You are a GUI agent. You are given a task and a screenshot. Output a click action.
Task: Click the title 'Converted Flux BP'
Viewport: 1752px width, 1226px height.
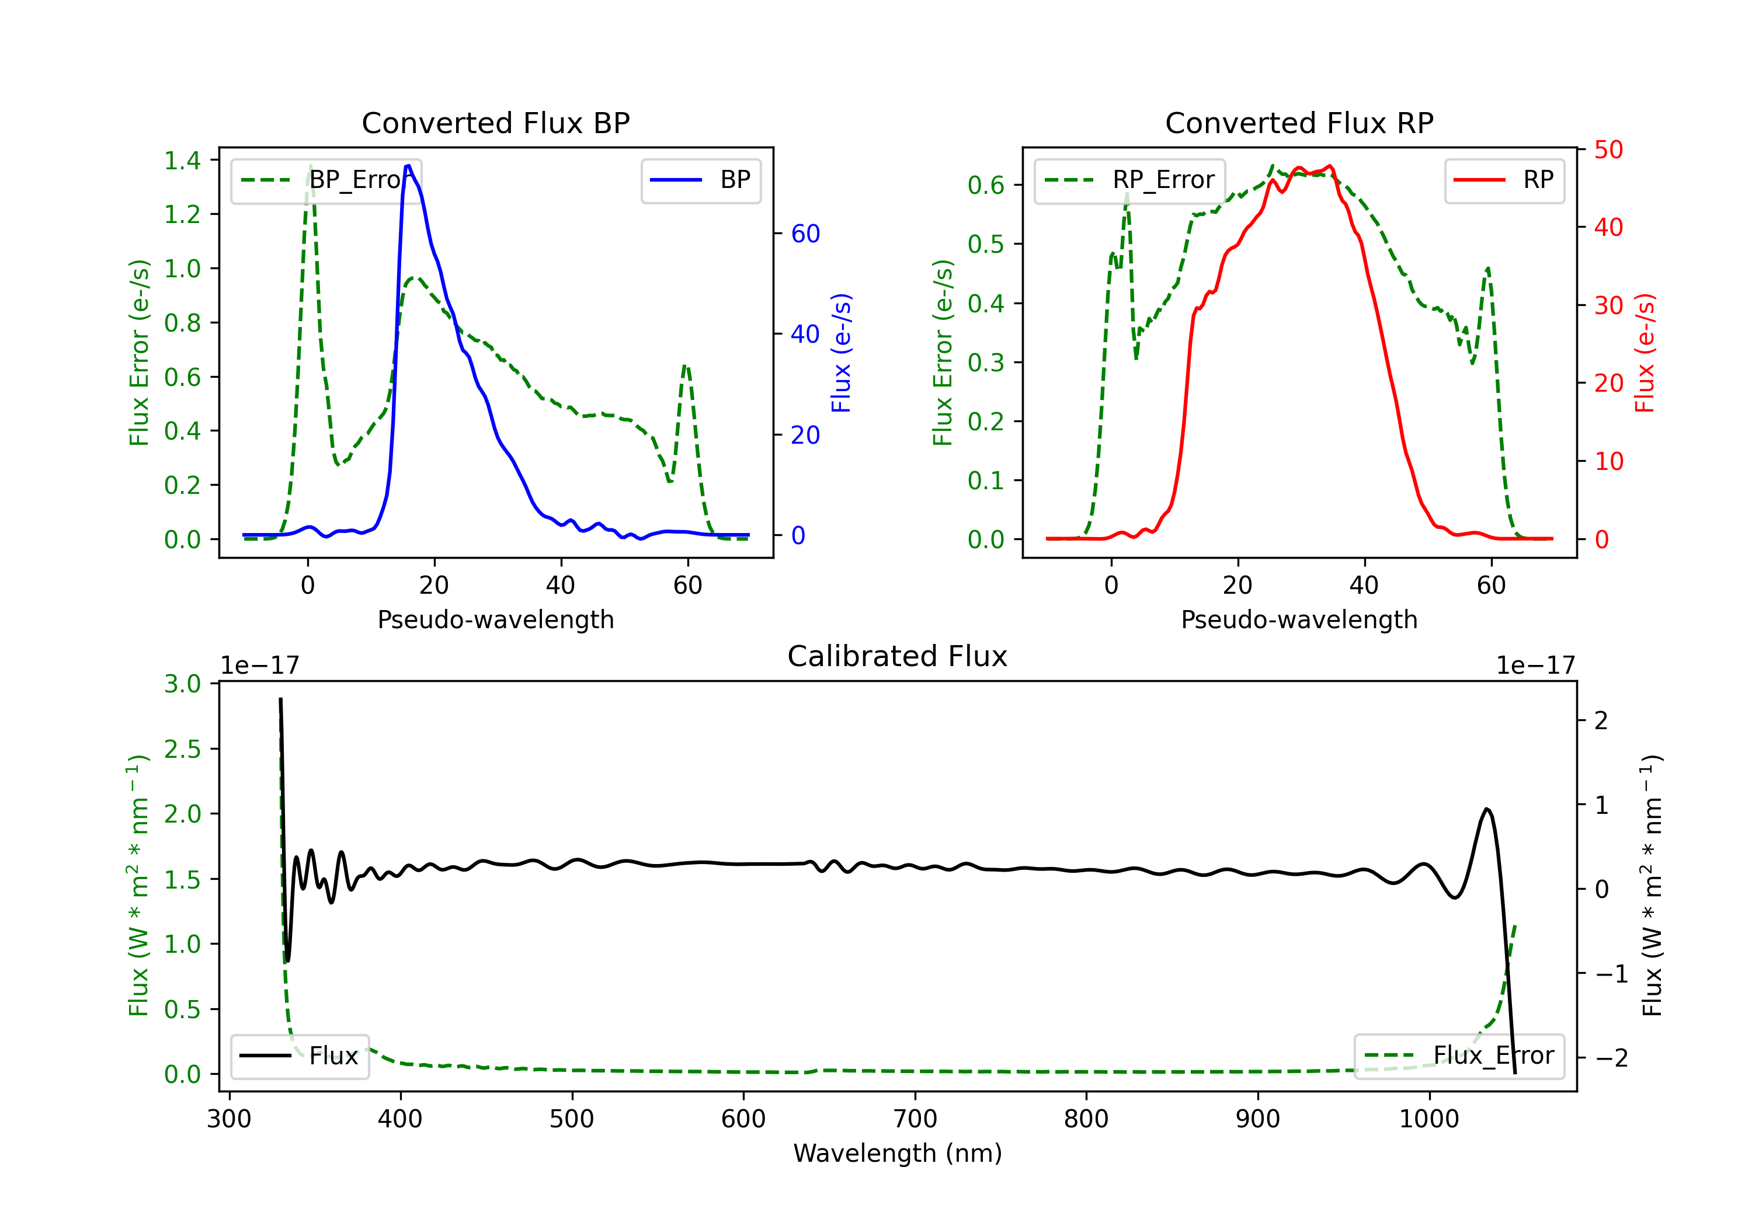click(x=495, y=123)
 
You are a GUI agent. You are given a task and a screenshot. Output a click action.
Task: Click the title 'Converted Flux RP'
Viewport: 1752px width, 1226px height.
click(x=1299, y=123)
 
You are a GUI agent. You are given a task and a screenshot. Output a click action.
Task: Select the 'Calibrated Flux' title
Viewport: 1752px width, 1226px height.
click(x=898, y=656)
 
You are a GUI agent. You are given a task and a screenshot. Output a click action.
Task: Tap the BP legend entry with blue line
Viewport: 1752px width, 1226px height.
click(x=700, y=180)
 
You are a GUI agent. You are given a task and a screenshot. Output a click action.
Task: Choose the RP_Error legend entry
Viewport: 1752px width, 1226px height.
click(x=1129, y=180)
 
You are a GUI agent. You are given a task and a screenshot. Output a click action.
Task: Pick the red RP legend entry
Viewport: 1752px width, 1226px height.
click(x=1504, y=180)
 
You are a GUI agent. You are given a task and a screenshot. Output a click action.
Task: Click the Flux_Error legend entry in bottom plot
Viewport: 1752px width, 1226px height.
click(x=1459, y=1056)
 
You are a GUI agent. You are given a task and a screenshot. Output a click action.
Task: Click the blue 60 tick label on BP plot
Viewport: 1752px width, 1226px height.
click(x=805, y=234)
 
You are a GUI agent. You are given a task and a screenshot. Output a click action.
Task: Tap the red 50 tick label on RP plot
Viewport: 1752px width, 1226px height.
click(x=1608, y=149)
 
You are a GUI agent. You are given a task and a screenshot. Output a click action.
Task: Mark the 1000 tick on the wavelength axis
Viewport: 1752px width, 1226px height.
click(x=1428, y=1119)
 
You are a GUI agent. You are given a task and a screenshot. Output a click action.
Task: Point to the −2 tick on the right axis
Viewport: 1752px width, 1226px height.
click(x=1611, y=1057)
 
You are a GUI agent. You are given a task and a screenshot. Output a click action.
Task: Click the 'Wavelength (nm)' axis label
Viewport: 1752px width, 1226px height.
click(x=898, y=1154)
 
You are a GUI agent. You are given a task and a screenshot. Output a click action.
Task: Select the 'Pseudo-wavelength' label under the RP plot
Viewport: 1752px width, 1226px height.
click(x=1299, y=619)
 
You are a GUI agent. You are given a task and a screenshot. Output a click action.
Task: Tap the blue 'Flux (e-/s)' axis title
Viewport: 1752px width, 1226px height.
click(x=841, y=353)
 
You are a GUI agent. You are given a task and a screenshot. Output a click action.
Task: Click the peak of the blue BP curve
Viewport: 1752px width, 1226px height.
click(x=408, y=166)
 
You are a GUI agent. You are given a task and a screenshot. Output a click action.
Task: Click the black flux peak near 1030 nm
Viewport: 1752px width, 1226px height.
click(x=1486, y=809)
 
